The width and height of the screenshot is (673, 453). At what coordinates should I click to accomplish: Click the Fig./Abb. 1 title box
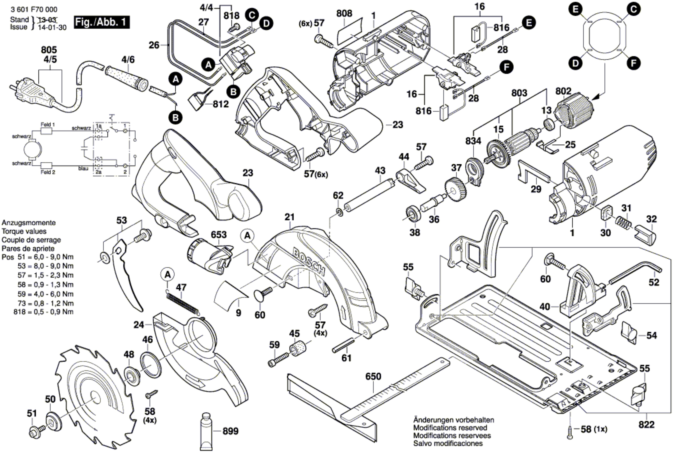coord(102,22)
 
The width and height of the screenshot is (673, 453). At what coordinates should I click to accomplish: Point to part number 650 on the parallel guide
coord(373,376)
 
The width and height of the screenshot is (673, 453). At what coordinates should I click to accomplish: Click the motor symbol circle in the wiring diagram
coord(32,150)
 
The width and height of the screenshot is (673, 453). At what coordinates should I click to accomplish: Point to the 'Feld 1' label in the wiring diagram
coord(48,125)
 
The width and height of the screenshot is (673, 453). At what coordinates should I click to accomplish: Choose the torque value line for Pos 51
coord(38,257)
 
